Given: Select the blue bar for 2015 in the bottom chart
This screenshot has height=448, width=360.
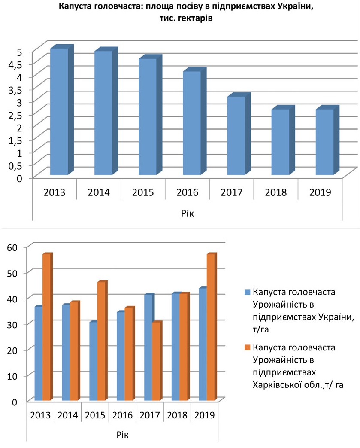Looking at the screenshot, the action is coord(94,361).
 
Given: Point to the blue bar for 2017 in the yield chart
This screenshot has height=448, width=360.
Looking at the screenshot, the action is coord(148,347).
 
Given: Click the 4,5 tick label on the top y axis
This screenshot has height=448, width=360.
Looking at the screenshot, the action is coord(15,65).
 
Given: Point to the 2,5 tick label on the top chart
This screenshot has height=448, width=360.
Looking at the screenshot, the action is coord(15,116).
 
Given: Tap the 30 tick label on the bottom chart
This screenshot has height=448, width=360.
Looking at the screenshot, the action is coord(12,324).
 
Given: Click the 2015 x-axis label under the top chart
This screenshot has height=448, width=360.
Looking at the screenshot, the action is coord(143,192).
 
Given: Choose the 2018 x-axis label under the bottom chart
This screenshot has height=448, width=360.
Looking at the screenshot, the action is coord(177,415).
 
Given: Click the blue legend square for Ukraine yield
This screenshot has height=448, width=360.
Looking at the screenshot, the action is coord(248,292).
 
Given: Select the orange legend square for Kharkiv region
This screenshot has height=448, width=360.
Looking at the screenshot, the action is coord(248,347).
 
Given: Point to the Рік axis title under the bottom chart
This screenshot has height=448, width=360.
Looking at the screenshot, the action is coord(122,435).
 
